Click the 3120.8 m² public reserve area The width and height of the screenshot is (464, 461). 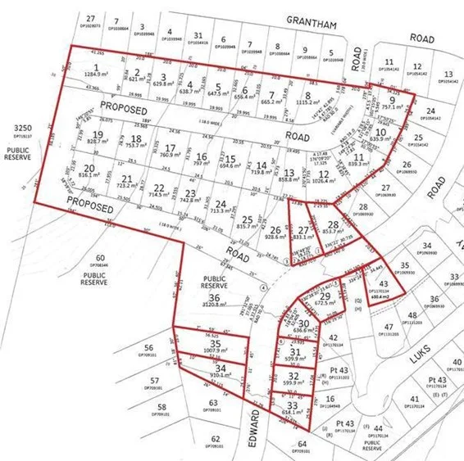tap(214, 312)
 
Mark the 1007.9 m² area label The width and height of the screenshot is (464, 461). tap(216, 352)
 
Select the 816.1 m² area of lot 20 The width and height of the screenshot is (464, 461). tap(90, 175)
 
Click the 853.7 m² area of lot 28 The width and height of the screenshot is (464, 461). tap(333, 232)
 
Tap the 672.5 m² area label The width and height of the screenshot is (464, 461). tap(327, 302)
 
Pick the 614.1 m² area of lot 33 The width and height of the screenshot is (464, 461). tap(293, 413)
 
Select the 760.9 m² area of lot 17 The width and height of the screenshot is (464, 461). tap(171, 154)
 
